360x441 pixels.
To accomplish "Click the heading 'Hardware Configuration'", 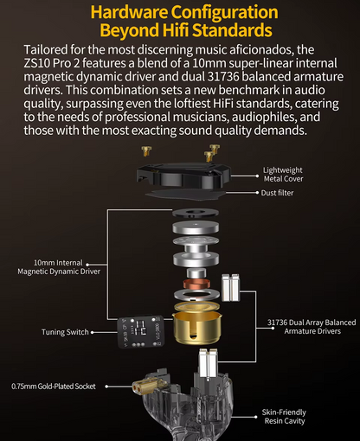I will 179,13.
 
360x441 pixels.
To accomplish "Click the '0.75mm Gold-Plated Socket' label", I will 54,386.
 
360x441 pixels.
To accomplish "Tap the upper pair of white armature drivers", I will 229,287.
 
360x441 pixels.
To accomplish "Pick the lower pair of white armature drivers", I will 207,363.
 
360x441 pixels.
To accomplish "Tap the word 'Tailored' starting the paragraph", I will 51,51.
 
